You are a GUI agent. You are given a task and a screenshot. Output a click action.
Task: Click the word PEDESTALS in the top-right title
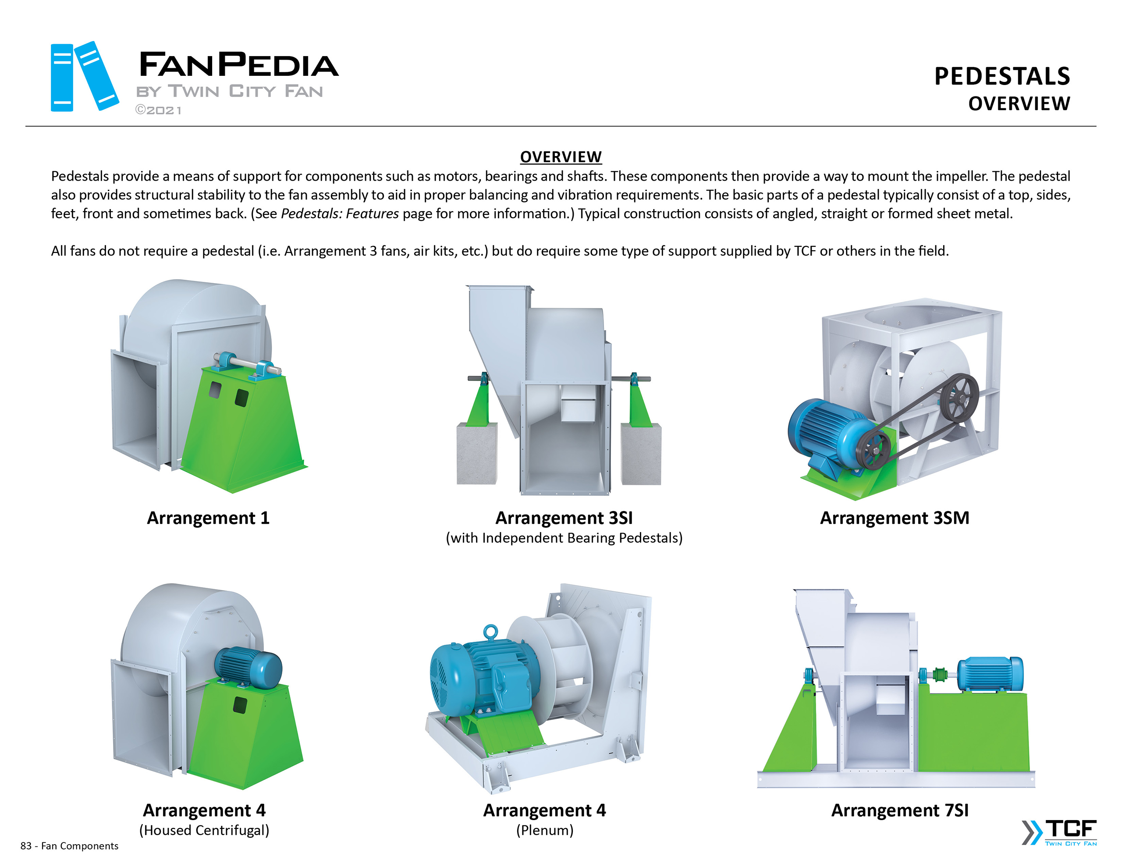coord(1001,76)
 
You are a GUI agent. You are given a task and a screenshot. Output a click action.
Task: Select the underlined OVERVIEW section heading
coord(561,157)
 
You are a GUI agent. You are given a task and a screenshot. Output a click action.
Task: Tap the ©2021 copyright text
coord(158,110)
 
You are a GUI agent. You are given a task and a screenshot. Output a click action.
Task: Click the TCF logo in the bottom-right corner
coord(1059,832)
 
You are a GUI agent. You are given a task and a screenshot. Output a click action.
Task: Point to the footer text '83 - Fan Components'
coord(69,846)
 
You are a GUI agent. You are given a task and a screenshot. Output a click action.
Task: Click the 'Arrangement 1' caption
coord(208,518)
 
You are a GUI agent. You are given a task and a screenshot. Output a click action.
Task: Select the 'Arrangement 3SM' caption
coord(895,518)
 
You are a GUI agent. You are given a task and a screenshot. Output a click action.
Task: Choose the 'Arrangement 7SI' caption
coord(899,810)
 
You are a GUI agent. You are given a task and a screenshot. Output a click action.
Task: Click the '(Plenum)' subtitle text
coord(544,830)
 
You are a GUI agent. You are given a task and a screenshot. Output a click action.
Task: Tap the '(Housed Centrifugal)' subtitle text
coord(204,830)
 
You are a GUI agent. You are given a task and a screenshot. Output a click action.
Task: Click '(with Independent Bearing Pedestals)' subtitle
coord(564,537)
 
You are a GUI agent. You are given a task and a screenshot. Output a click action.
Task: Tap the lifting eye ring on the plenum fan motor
coord(490,631)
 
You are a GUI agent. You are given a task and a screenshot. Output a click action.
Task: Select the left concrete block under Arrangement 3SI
coord(477,453)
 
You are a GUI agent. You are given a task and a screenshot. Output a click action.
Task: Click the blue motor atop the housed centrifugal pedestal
coord(248,667)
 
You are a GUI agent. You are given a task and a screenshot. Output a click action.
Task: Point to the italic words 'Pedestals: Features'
coord(340,213)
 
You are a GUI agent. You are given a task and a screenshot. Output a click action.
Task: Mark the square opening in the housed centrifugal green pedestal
coord(239,704)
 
